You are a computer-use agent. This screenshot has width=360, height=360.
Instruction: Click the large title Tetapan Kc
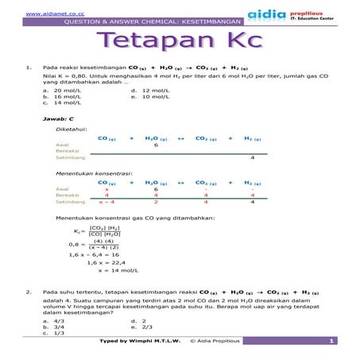179,43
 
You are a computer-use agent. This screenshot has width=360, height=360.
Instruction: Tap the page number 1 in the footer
329,341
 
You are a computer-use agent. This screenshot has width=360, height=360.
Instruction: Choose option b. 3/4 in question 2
56,327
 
